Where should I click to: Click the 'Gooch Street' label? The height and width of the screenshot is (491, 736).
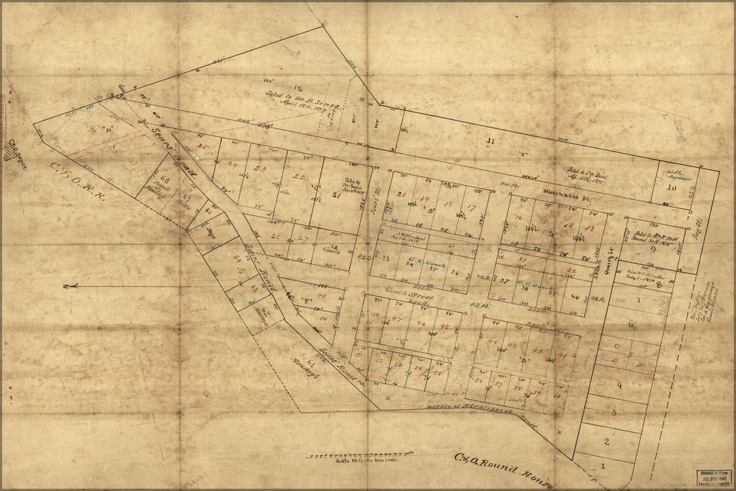coord(403,297)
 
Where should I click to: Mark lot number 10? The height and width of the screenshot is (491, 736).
coord(671,187)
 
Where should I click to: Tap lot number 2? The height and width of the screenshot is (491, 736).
coord(605,440)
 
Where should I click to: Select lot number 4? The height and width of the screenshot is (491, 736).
coord(619,384)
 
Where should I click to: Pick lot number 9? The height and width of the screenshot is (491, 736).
coord(652,248)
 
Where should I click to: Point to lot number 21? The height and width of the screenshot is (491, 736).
coord(335,196)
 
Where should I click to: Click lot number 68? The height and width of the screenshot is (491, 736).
coord(165,180)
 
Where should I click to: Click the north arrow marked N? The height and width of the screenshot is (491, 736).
coord(67,285)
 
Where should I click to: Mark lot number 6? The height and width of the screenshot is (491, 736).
coord(630,324)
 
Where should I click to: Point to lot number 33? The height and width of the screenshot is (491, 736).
coord(385,258)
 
